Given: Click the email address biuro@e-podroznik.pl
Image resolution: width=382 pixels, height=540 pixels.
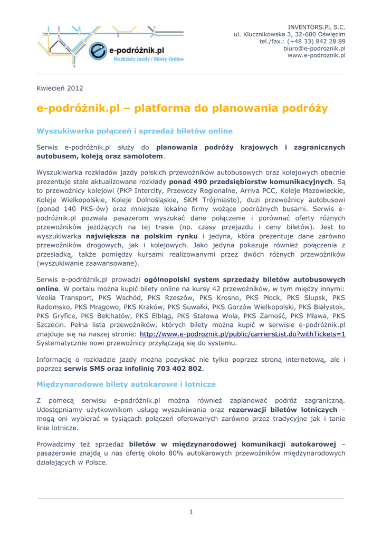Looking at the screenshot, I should (314, 48).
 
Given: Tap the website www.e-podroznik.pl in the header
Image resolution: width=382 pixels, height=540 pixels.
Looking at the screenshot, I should (317, 55).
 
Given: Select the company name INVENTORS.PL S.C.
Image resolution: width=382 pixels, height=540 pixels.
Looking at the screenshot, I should (317, 27).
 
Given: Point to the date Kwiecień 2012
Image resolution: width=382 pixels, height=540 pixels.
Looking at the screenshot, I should (60, 88).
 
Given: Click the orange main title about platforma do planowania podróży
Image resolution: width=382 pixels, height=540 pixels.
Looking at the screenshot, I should (182, 109).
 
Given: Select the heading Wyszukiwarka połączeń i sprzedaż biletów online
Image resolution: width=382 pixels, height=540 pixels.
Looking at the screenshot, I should (134, 131).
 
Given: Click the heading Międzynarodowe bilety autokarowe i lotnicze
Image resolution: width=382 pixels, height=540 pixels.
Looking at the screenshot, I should (126, 384).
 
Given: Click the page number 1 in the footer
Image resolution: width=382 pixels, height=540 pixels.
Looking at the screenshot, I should (191, 512).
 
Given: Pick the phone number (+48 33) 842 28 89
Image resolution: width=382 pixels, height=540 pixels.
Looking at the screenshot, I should (316, 41).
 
